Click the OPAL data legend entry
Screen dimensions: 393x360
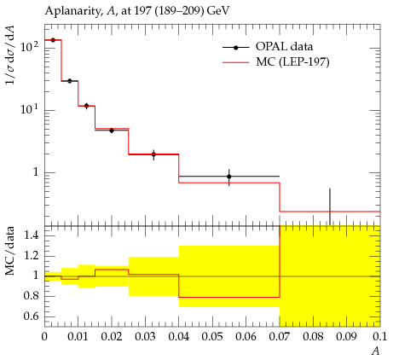(x=268, y=47)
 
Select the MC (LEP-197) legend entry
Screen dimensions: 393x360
(x=275, y=61)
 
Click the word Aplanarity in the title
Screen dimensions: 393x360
(x=72, y=11)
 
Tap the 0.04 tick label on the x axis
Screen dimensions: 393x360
(x=179, y=337)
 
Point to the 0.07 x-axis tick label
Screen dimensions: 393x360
(x=280, y=337)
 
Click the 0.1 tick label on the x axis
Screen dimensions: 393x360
(x=379, y=337)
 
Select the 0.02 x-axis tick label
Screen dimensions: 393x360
(x=112, y=337)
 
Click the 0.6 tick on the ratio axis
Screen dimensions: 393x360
(x=31, y=316)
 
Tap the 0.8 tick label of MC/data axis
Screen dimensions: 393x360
(x=31, y=296)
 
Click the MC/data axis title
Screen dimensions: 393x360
(x=10, y=251)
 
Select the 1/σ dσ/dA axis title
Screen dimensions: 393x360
(x=10, y=55)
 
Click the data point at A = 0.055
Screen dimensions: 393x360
(x=229, y=177)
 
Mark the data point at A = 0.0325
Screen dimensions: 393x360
(x=153, y=154)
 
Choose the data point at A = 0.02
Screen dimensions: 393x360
(x=112, y=131)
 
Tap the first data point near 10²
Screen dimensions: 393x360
(x=53, y=40)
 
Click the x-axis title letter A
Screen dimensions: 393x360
(x=376, y=351)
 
